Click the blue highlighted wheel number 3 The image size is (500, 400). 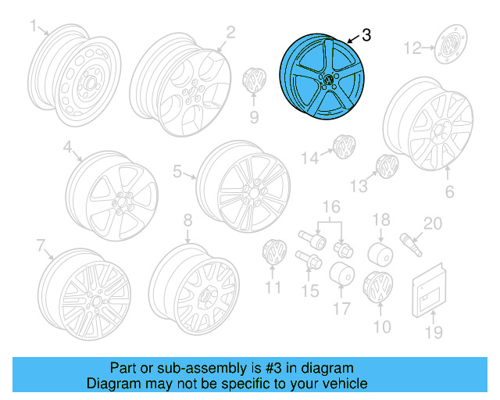tap(320, 78)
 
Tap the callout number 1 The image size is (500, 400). tap(34, 27)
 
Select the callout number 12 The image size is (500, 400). tap(412, 49)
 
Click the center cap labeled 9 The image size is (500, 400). tap(254, 80)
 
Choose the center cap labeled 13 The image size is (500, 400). tap(386, 166)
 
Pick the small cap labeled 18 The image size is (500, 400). tap(380, 253)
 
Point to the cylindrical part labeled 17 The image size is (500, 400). tap(341, 277)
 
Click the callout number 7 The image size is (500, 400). tap(41, 246)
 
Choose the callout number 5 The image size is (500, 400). tap(177, 172)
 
